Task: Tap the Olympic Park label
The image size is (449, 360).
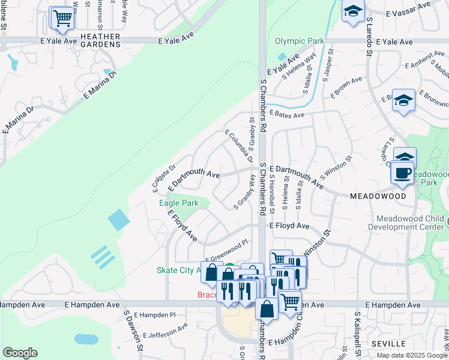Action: point(299,41)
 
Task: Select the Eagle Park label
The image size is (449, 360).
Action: point(179,203)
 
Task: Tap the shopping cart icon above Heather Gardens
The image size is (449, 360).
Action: point(62,18)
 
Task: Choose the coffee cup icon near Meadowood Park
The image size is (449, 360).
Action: point(402,173)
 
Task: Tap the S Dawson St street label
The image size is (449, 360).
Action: point(133,329)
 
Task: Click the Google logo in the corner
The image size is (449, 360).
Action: point(20,353)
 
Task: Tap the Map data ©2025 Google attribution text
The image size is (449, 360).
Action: point(412,355)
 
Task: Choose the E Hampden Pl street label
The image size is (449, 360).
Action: point(154,314)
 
